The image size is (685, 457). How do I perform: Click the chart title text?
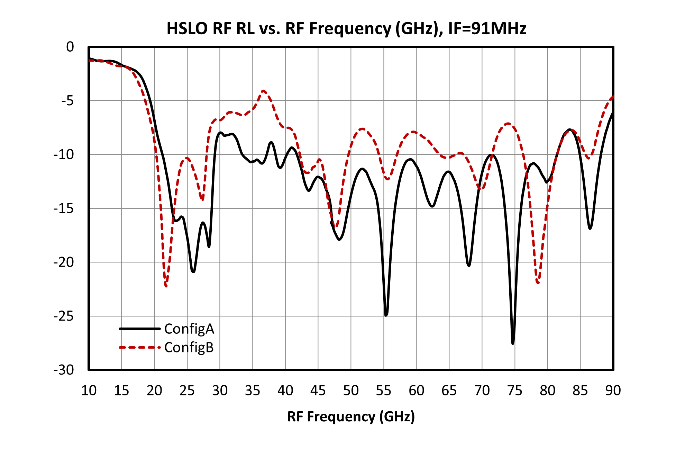(x=346, y=28)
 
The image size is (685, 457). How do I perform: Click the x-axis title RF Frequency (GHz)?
(x=351, y=416)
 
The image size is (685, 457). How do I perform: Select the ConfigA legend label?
(x=189, y=329)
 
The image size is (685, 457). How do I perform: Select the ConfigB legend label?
(x=189, y=347)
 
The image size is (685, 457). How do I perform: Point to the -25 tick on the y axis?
(x=64, y=316)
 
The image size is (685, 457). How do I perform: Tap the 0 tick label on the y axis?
(x=70, y=47)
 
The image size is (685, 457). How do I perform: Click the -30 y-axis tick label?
(x=64, y=370)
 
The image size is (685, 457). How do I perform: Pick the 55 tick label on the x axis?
(x=384, y=391)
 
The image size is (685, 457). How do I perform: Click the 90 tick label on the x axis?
(x=613, y=391)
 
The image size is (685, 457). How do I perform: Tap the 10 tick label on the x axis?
(x=89, y=391)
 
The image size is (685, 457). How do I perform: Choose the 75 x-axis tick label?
(x=515, y=391)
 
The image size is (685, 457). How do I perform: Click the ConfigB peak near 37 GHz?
(x=264, y=91)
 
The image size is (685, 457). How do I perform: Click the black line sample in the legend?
(x=140, y=329)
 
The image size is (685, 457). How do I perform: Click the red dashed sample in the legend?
(x=140, y=347)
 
